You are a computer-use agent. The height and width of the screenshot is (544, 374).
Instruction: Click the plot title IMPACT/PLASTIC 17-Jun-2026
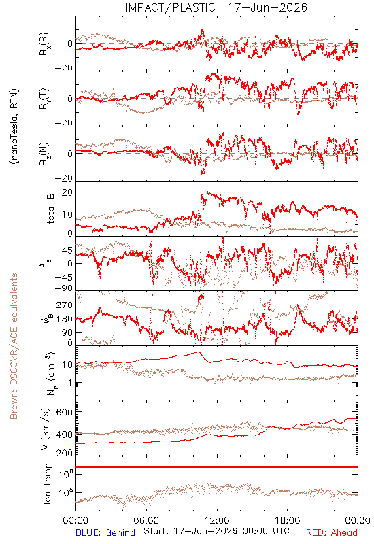click(x=216, y=7)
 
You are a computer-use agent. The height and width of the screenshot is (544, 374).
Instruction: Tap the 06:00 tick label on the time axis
click(x=146, y=520)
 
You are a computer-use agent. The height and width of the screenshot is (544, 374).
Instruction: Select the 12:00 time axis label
click(x=217, y=520)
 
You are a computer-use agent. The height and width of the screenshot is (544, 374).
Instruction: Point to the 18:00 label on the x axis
click(x=287, y=520)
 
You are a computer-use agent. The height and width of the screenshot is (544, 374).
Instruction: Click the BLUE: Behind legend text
click(x=105, y=532)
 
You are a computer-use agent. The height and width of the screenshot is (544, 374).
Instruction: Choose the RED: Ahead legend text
click(x=331, y=532)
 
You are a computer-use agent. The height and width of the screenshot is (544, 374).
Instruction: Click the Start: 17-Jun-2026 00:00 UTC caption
click(x=216, y=531)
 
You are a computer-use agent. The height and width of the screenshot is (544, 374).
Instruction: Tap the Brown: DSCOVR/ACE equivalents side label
click(x=14, y=346)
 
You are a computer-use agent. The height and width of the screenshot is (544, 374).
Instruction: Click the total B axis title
click(x=50, y=209)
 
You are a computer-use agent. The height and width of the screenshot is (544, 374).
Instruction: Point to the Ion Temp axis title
click(x=47, y=483)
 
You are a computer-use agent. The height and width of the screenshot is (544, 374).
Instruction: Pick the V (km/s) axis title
click(x=46, y=429)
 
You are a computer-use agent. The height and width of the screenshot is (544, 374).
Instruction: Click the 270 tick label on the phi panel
click(x=64, y=305)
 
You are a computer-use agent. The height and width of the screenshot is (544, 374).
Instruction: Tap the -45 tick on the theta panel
click(x=63, y=277)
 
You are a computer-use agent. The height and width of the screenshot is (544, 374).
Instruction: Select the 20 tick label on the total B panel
click(x=67, y=192)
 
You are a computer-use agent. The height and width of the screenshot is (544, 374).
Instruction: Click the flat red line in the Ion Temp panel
click(x=217, y=467)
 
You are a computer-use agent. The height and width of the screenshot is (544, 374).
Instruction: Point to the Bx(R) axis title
click(x=44, y=44)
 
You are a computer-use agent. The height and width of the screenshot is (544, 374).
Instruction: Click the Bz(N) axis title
click(x=44, y=154)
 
